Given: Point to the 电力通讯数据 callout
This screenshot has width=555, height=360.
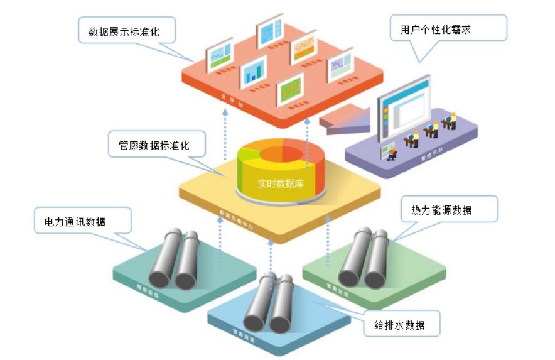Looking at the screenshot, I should pyautogui.click(x=75, y=222).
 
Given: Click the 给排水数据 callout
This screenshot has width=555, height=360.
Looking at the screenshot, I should pyautogui.click(x=402, y=325).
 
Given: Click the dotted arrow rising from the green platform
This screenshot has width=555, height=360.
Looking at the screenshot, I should pyautogui.click(x=328, y=242).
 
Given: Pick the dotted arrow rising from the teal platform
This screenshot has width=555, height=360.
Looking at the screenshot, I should pyautogui.click(x=220, y=245).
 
